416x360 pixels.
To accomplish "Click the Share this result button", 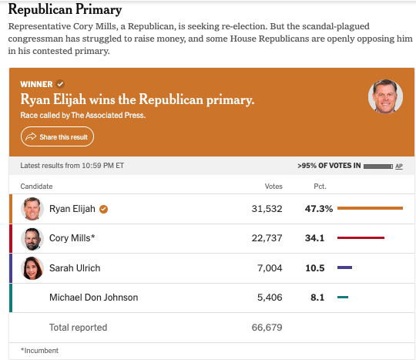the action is click(57, 136).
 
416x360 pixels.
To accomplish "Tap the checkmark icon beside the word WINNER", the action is click(61, 84).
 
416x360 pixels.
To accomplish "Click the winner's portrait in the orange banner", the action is click(385, 96).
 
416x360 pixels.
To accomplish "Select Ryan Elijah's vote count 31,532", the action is click(267, 209).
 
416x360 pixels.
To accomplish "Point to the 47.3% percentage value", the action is click(319, 209).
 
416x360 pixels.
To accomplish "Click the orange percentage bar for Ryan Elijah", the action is click(370, 208).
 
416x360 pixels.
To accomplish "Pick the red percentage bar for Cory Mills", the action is click(361, 237).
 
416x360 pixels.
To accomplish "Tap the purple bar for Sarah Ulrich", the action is click(344, 267).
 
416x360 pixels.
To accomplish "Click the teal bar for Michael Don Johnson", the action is click(343, 297).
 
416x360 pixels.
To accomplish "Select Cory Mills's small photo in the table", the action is click(32, 239).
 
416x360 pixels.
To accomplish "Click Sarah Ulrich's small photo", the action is click(32, 268).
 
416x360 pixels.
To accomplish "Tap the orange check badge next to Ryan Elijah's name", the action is click(103, 209).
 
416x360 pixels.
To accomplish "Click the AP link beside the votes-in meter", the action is click(399, 167).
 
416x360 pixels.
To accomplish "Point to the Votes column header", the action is click(273, 187).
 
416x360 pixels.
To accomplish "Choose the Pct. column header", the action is click(320, 187).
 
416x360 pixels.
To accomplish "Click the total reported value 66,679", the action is click(267, 328).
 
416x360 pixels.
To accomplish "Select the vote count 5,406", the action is click(270, 298).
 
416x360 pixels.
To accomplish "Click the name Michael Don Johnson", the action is click(94, 298).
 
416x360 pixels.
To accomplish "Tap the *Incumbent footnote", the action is click(39, 351).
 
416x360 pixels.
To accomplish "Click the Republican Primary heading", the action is click(65, 10).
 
